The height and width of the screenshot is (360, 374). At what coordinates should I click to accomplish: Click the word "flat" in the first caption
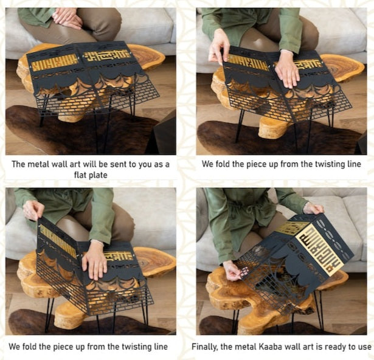(x=80, y=175)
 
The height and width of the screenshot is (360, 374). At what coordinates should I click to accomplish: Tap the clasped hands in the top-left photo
(x=67, y=18)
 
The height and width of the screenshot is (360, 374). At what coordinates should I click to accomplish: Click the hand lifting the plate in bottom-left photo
(x=33, y=210)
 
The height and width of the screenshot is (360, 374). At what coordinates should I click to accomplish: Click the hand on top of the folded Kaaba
(x=313, y=208)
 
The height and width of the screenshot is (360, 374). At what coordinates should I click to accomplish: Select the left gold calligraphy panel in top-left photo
(x=55, y=63)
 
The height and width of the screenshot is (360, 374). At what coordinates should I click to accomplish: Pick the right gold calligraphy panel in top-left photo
(x=107, y=55)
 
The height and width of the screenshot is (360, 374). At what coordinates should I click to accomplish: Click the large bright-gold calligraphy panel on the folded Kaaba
(x=321, y=250)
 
